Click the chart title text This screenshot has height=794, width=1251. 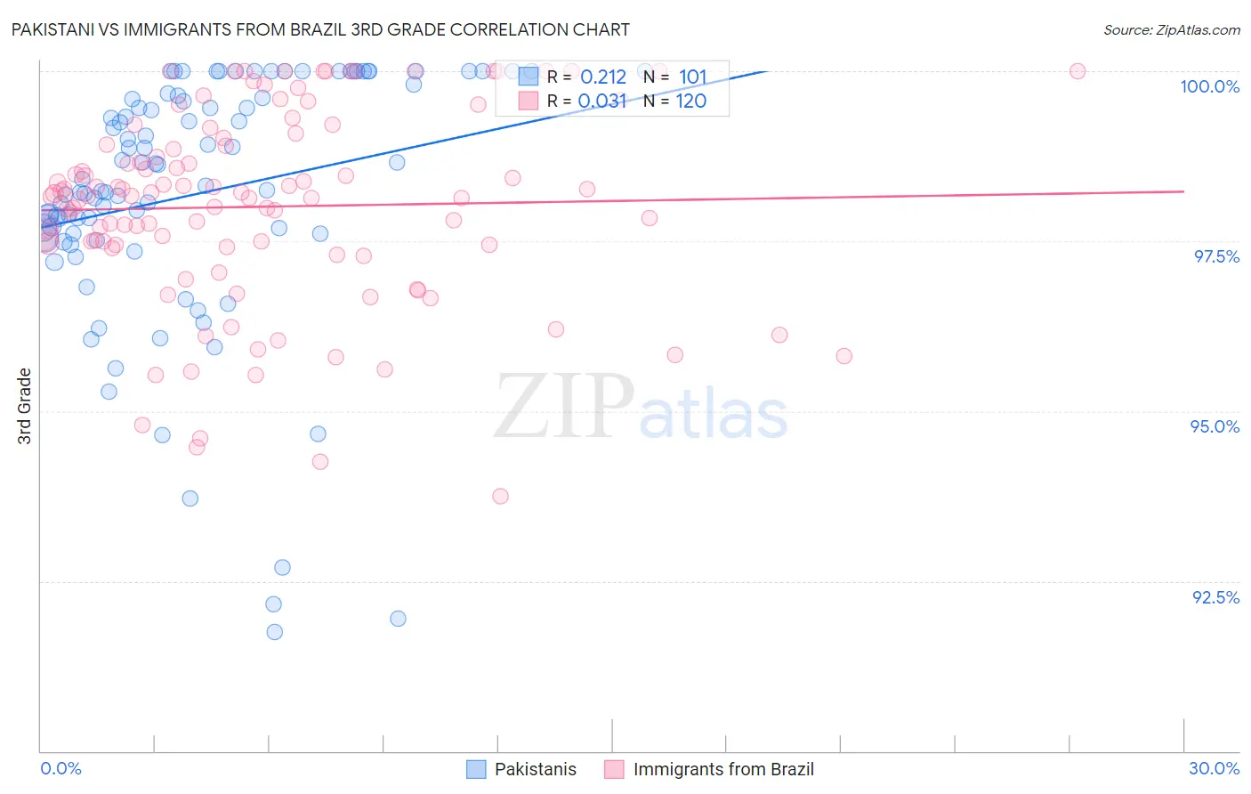pos(320,29)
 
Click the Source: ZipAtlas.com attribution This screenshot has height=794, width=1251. pos(1171,29)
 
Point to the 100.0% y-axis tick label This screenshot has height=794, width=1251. pos(1209,86)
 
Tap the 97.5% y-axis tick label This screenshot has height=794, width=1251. pos(1215,256)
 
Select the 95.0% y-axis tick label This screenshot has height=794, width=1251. pos(1215,426)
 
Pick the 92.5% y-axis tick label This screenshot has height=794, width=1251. pos(1215,597)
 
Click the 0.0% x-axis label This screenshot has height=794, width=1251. pos(61,768)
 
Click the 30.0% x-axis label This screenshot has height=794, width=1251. pos(1214,768)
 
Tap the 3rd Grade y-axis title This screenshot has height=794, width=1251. pos(25,406)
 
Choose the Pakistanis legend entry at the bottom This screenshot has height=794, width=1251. pos(522,769)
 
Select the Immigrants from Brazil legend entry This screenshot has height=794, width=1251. pos(709,769)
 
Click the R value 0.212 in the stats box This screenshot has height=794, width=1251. pos(603,77)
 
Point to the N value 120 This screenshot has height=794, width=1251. pos(690,101)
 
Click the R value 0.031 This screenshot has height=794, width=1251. pos(602,101)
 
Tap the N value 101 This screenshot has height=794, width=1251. pos(692,77)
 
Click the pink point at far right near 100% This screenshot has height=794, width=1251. pos(1077,71)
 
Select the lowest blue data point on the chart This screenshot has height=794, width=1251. pos(275,632)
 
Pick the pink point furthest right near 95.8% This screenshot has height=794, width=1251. pos(844,356)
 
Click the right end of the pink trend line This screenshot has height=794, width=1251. pos(1183,191)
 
